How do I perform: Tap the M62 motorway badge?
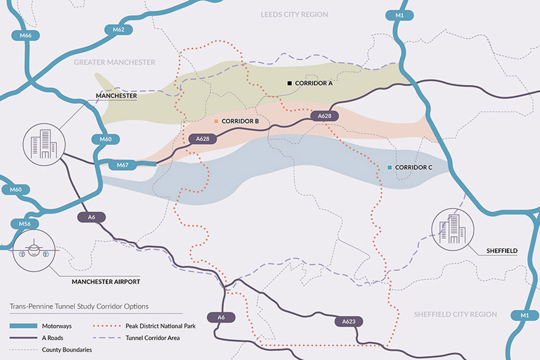[x=118, y=30]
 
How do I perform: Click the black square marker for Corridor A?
[x=289, y=83]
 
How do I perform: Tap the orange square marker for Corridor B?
[x=216, y=121]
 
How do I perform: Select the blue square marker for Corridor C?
[x=389, y=167]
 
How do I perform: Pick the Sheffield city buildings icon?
[x=452, y=229]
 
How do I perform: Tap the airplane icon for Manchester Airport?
[x=34, y=251]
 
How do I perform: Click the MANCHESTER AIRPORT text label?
[x=106, y=282]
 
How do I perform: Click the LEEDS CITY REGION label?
[x=294, y=15]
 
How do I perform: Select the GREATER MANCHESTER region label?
[x=114, y=62]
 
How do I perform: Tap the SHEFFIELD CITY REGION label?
[x=455, y=314]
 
